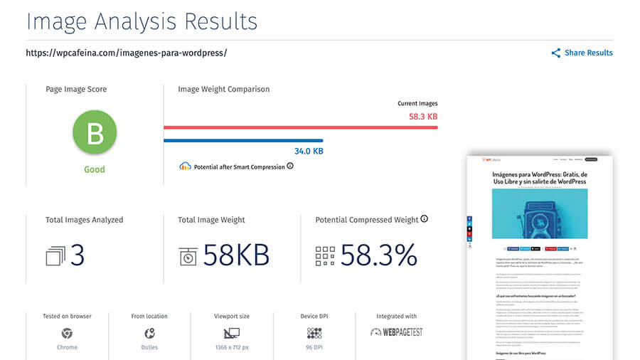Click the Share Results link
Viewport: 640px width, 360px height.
click(x=587, y=53)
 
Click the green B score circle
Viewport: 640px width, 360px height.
click(x=95, y=132)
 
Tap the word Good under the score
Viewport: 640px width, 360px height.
click(x=95, y=169)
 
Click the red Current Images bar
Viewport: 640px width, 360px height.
click(x=300, y=127)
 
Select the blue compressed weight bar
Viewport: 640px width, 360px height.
click(x=243, y=140)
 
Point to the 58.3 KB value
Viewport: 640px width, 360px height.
click(x=423, y=116)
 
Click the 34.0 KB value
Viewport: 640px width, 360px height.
click(x=309, y=152)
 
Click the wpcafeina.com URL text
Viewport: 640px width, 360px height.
click(x=126, y=53)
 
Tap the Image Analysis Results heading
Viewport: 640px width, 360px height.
click(x=142, y=21)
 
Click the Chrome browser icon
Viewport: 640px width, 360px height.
click(x=67, y=333)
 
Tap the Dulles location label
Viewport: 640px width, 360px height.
click(x=149, y=347)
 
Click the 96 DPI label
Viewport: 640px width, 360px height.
click(x=314, y=347)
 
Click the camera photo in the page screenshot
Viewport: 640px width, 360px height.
click(x=538, y=213)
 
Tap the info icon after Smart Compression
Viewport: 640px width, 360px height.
click(x=290, y=166)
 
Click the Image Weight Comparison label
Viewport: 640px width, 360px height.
click(x=223, y=90)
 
